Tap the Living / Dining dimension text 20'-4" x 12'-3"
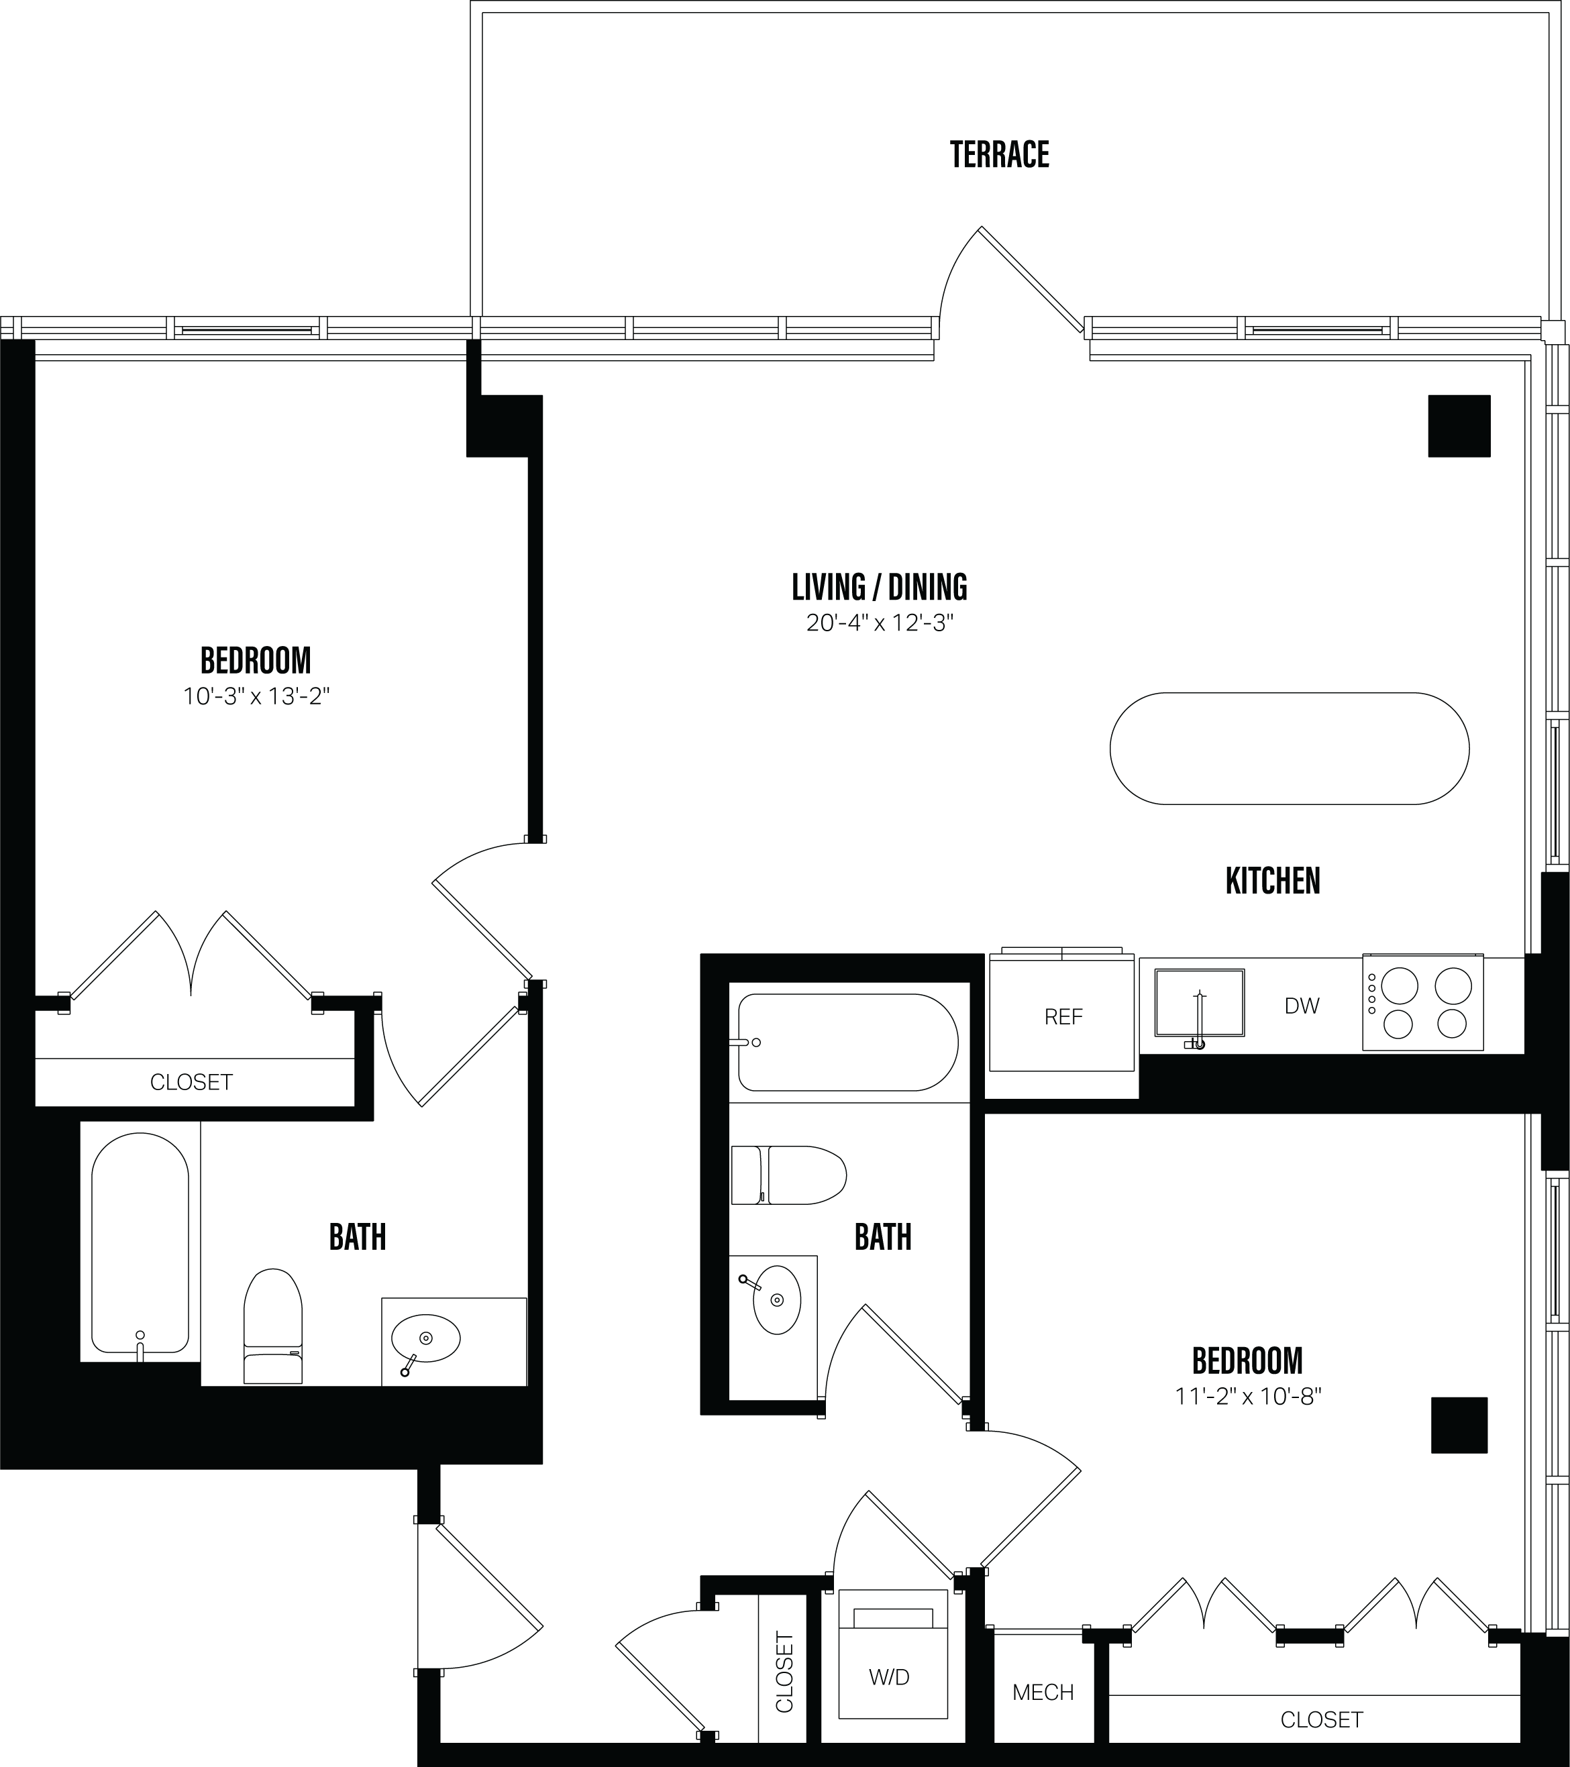(879, 623)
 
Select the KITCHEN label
(1273, 881)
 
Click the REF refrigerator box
(1063, 1016)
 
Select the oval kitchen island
(1289, 749)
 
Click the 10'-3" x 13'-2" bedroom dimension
(257, 697)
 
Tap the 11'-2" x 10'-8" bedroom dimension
(1247, 1396)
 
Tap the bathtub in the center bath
(847, 1042)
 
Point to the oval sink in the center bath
(776, 1299)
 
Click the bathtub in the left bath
(140, 1245)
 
